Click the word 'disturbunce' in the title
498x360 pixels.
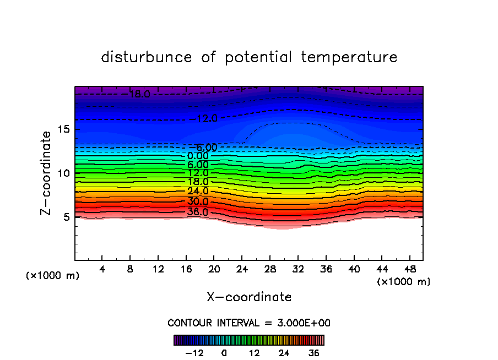(x=147, y=57)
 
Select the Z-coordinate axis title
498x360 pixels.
(x=47, y=173)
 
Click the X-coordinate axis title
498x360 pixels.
(x=249, y=297)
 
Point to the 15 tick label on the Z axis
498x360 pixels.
(x=64, y=129)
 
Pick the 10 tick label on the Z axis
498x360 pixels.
(x=64, y=173)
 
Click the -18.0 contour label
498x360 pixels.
(x=138, y=94)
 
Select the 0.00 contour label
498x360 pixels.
(x=198, y=156)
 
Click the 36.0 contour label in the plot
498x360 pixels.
(x=198, y=212)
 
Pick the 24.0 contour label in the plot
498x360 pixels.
(x=198, y=191)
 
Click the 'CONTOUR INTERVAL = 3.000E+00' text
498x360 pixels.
(x=249, y=323)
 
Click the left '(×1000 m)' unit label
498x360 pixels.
(x=53, y=276)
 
